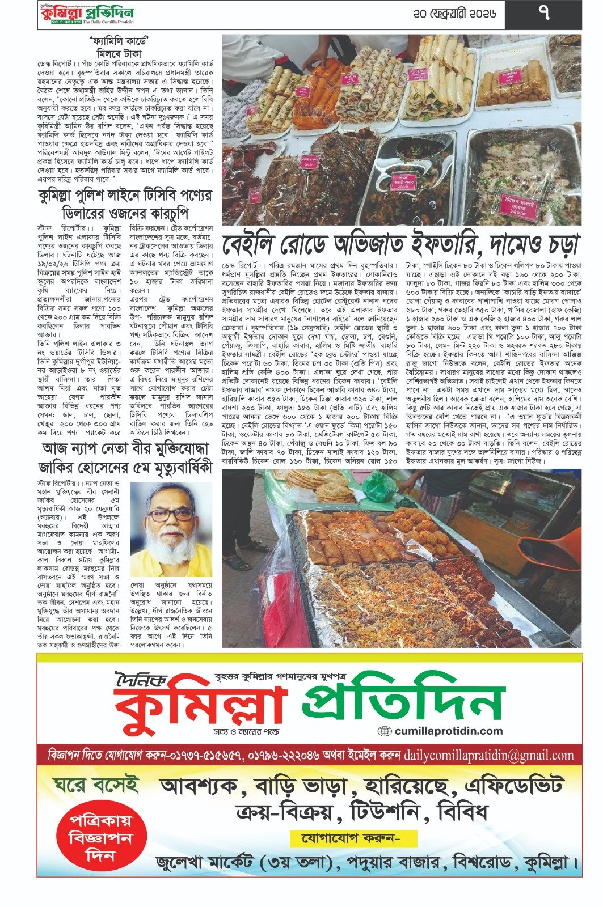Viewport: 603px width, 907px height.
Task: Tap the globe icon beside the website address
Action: [x=385, y=731]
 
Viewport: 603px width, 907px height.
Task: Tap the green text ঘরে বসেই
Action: [x=96, y=785]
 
